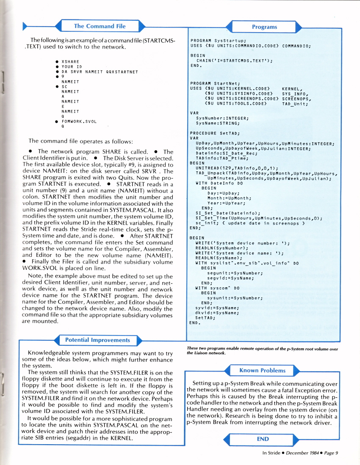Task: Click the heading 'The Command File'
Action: pos(100,26)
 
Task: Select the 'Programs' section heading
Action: pos(264,27)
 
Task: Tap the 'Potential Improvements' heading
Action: pos(97,340)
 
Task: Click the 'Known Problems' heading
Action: pos(262,370)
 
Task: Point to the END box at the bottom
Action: pos(263,439)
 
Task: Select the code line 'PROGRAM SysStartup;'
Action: pos(219,40)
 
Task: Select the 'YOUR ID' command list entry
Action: pos(72,66)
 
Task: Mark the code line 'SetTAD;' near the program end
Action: pos(205,317)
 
